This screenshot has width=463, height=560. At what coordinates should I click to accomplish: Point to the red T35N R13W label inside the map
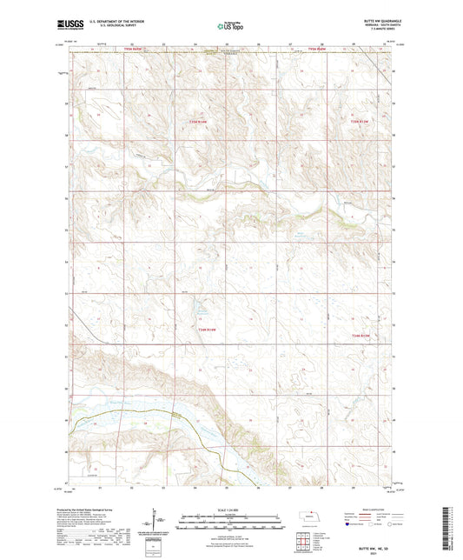[360, 121]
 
